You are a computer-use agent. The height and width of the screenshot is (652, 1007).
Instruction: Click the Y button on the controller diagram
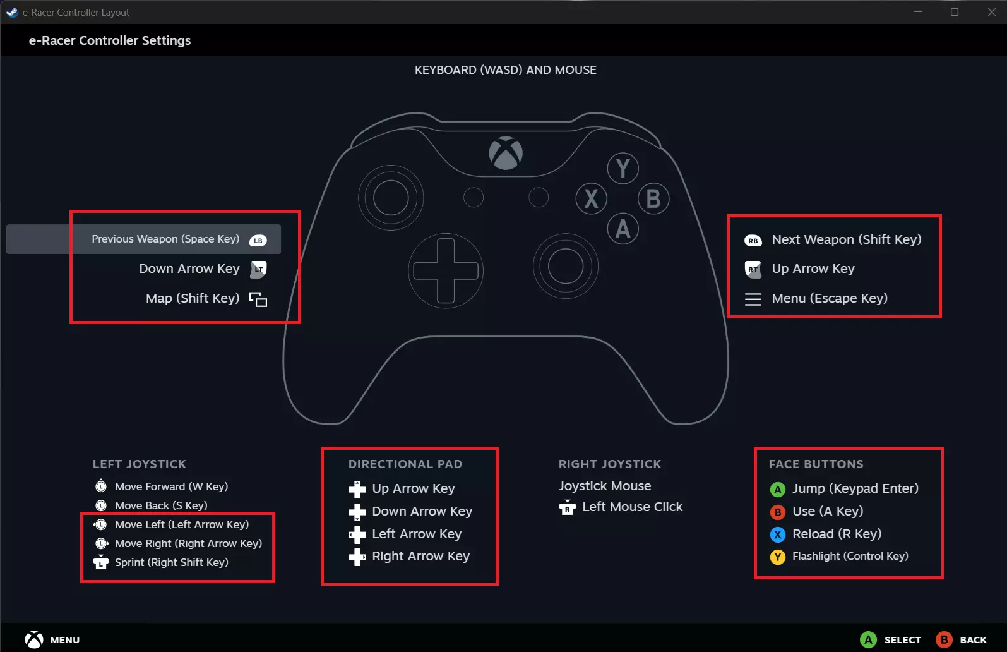point(623,168)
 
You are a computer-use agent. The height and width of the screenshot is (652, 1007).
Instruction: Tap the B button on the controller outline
point(653,198)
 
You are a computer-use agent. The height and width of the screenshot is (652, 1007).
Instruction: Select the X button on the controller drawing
point(591,198)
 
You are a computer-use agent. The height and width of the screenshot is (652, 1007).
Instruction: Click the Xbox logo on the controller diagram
point(506,153)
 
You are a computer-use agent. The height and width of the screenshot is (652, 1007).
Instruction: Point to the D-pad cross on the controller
point(446,271)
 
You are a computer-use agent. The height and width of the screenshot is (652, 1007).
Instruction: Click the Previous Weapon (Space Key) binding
point(165,239)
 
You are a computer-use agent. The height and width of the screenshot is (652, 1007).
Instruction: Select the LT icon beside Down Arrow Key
point(258,269)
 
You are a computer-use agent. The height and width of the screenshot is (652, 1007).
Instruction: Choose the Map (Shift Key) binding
point(193,298)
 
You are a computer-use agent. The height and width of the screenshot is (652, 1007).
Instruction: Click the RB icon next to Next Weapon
point(753,240)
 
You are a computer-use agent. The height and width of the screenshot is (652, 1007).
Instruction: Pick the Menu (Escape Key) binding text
point(830,298)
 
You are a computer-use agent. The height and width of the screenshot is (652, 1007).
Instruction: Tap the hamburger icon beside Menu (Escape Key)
point(753,299)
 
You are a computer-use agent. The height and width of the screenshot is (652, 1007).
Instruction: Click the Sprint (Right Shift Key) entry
point(171,562)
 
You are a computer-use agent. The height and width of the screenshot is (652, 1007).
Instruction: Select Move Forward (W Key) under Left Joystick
point(171,486)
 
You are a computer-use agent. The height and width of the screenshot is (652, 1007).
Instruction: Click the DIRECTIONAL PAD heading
point(405,464)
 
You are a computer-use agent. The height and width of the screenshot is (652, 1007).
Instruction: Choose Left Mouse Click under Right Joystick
point(632,507)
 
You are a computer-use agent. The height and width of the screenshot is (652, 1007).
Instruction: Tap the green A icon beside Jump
point(778,489)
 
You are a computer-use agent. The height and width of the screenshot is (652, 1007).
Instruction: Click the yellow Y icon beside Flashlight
point(778,557)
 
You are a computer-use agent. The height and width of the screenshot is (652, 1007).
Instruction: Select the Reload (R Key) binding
point(837,534)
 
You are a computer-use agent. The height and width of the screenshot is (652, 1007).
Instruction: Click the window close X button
point(992,12)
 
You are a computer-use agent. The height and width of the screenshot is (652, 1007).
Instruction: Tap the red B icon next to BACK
point(944,640)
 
